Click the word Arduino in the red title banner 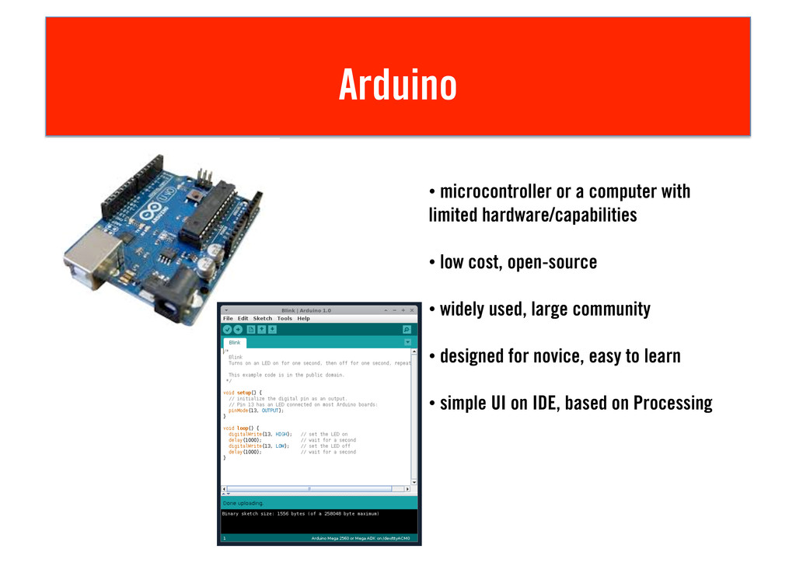pos(397,85)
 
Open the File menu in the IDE pos(228,318)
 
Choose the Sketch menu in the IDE pos(263,318)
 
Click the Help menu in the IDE pos(303,318)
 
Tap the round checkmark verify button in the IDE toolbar pos(227,330)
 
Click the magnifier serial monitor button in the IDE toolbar pos(407,330)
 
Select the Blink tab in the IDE pos(234,342)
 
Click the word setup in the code pos(244,393)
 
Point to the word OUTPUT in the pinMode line pos(271,411)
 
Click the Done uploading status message pos(243,503)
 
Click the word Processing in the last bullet pos(672,404)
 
